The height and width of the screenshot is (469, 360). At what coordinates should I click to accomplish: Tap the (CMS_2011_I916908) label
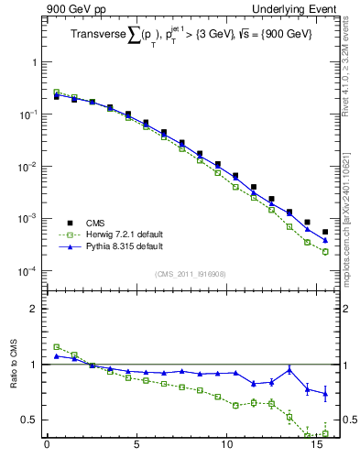(190, 274)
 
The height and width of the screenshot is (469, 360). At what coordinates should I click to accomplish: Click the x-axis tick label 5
(136, 449)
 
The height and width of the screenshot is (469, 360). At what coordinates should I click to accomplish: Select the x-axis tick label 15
(316, 449)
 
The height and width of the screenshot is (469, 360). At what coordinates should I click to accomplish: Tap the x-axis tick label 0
(47, 449)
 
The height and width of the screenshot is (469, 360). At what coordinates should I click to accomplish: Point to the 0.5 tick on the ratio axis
(29, 420)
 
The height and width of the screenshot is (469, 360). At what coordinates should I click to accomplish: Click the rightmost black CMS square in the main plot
(325, 233)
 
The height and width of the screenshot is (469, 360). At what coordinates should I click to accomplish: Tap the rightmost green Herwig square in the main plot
(325, 252)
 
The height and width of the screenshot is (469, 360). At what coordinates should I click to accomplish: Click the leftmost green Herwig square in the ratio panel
(56, 347)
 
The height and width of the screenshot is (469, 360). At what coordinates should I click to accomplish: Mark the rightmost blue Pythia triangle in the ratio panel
(325, 394)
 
